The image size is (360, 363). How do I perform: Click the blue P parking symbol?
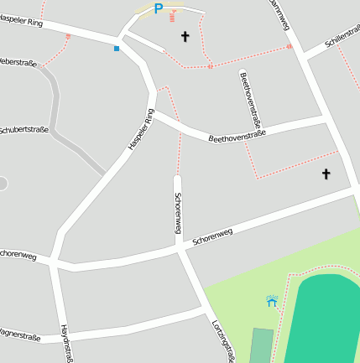(x=158, y=8)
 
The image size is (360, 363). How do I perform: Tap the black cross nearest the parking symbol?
(x=185, y=36)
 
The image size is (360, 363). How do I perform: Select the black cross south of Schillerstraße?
(x=326, y=174)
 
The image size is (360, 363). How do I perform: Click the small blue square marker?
(x=117, y=49)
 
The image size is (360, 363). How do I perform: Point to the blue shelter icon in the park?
(x=272, y=300)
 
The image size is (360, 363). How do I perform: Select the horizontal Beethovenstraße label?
(x=237, y=134)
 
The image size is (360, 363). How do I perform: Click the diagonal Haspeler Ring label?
(x=142, y=130)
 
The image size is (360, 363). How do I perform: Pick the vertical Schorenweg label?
(x=178, y=213)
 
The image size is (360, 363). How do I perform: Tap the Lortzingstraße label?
(x=222, y=339)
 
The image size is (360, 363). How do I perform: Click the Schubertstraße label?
(x=23, y=130)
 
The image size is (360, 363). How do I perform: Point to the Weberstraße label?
(x=17, y=62)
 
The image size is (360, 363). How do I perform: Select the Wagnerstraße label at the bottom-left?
(x=20, y=336)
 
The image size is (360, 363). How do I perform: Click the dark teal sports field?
(x=328, y=319)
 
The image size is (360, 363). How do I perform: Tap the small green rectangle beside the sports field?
(x=261, y=345)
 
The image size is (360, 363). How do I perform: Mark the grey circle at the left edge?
(x=3, y=183)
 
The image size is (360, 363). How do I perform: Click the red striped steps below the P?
(x=174, y=15)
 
